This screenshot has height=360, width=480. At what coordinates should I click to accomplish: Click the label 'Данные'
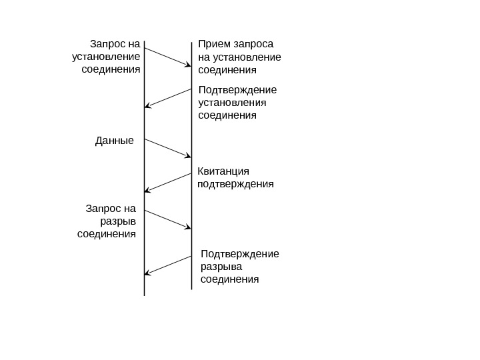(115, 141)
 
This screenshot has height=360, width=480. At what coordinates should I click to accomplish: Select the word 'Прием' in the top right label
(212, 45)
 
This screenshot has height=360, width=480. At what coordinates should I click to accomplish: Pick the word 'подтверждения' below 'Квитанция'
(236, 183)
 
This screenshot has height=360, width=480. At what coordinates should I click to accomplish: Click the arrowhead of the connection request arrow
(189, 65)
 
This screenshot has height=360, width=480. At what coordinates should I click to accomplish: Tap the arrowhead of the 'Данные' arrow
(189, 157)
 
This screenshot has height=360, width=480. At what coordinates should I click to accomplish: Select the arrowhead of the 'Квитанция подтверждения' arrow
(148, 191)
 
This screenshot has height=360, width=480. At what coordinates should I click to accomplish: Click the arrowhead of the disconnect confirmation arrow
(148, 273)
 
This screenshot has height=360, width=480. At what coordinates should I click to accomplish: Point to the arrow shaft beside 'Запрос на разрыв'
(167, 219)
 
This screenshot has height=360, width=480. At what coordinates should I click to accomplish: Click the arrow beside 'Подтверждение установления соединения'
(168, 97)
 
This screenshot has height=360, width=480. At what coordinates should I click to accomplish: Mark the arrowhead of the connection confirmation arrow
(148, 105)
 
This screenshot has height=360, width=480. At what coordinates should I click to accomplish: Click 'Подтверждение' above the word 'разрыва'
(240, 254)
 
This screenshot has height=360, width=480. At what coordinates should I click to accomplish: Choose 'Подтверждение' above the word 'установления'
(238, 90)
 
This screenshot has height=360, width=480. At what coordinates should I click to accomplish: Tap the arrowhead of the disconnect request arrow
(189, 228)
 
